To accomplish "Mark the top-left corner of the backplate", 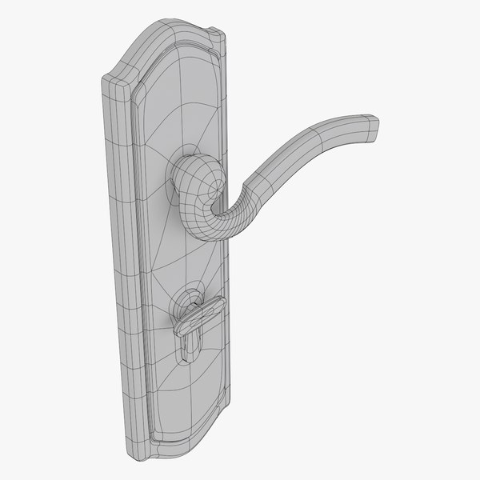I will [x=104, y=78].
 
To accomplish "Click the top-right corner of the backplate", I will [x=222, y=33].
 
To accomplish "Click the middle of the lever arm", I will [x=304, y=144].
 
